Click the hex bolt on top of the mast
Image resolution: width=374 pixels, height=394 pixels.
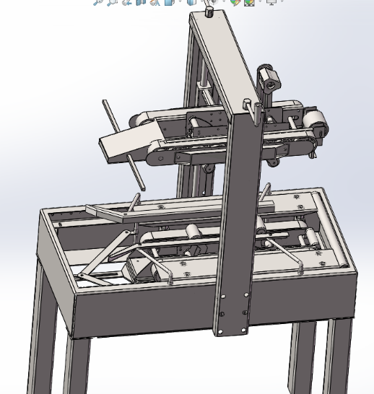[x=209, y=11]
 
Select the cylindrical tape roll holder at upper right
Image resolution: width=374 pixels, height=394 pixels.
[x=269, y=79]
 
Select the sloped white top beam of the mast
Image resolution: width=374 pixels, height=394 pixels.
[x=224, y=58]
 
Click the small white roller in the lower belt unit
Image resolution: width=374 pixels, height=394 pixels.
[x=193, y=232]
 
